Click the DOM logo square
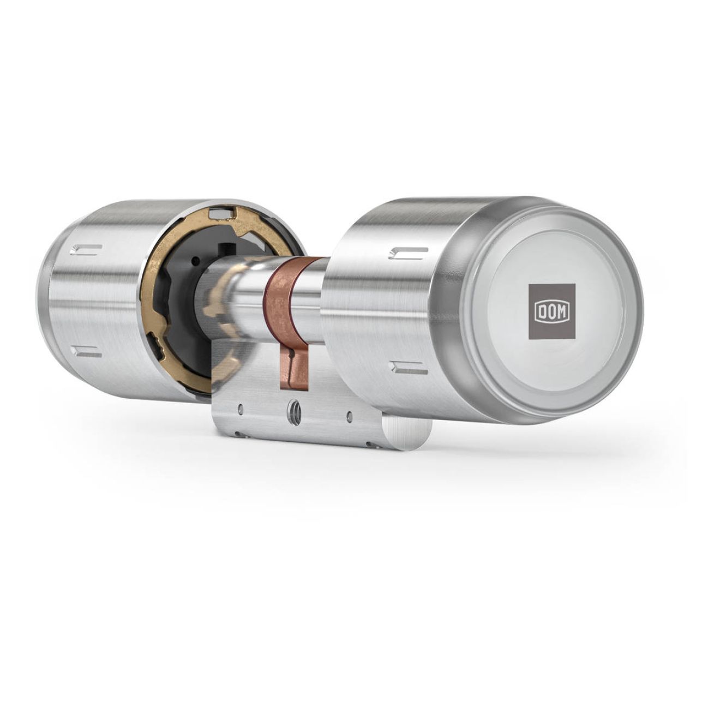[551, 311]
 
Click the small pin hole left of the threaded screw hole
[241, 409]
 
